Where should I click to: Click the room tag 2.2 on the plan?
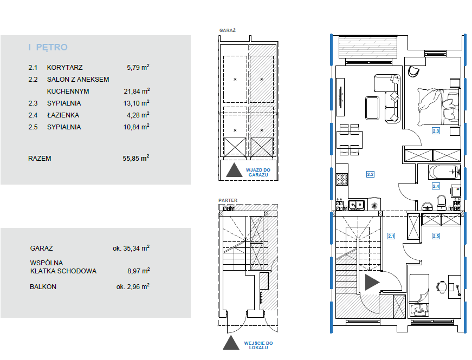click(x=370, y=174)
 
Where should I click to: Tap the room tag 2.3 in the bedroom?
click(x=436, y=131)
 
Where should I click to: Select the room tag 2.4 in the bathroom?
click(x=436, y=186)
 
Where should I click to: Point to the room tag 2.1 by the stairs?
click(x=391, y=236)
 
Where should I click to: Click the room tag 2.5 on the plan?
click(x=436, y=236)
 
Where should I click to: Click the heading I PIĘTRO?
click(x=48, y=47)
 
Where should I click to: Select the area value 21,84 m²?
click(x=137, y=91)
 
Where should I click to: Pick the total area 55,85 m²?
click(x=136, y=158)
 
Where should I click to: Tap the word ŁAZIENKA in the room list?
click(x=63, y=115)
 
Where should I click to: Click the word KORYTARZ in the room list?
click(x=64, y=68)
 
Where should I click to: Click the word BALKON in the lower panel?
click(x=43, y=287)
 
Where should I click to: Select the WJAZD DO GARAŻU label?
click(x=258, y=172)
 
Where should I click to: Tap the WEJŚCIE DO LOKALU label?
click(x=258, y=345)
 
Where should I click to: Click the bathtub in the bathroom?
click(x=444, y=172)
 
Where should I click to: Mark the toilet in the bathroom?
click(x=442, y=202)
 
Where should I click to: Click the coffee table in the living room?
click(x=372, y=108)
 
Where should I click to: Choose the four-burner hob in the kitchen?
click(x=342, y=179)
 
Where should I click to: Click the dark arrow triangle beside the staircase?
click(x=372, y=282)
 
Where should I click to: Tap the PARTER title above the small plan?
click(x=228, y=200)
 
